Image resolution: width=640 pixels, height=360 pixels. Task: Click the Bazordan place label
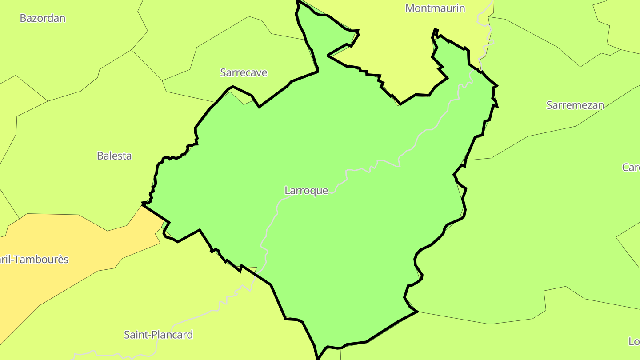click(43, 18)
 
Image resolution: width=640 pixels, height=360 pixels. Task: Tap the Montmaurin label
click(435, 8)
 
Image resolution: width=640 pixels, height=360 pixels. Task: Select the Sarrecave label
click(244, 72)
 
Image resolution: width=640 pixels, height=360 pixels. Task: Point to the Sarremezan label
click(575, 105)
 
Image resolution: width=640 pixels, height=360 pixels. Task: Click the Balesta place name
click(114, 156)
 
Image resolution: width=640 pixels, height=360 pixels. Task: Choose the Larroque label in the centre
click(306, 191)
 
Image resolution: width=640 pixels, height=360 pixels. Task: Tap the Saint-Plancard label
click(158, 335)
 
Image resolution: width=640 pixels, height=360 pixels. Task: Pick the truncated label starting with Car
click(631, 168)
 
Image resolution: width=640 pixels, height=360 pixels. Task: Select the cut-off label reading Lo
click(634, 341)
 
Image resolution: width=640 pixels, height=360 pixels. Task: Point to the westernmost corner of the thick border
click(143, 204)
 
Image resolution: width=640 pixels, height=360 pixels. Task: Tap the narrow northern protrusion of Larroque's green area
click(307, 27)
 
